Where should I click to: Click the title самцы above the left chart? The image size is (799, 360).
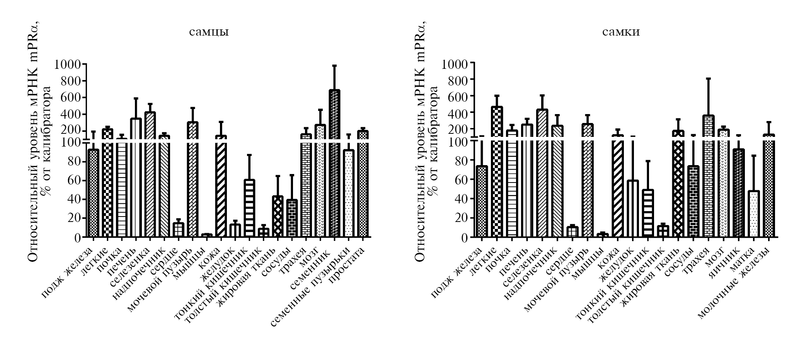coord(209,32)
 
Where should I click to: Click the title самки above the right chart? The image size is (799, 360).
coord(621,32)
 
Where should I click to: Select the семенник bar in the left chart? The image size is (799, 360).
coord(334,166)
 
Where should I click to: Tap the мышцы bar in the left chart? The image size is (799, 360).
coord(207,235)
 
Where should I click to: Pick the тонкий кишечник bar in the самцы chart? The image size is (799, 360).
coord(249,209)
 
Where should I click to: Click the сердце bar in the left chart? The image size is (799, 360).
coord(178,230)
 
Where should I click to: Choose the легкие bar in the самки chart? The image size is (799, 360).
coord(497,174)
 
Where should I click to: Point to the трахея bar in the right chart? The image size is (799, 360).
coord(709,178)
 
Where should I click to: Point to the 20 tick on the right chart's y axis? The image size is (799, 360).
coord(460,218)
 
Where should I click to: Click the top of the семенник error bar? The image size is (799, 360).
coord(334,66)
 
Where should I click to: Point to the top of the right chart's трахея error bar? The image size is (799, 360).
coord(709,78)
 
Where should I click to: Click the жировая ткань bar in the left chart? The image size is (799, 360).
coord(278,217)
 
